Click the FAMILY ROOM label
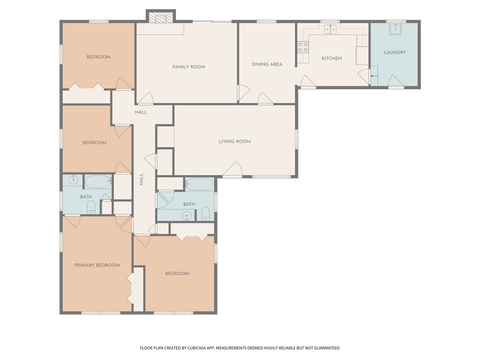click(188, 67)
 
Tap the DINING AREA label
click(267, 64)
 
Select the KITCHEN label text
click(331, 58)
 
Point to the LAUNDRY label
click(395, 52)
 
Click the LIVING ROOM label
click(234, 142)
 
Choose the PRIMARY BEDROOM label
click(97, 265)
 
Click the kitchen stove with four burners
click(303, 47)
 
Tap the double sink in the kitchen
click(330, 29)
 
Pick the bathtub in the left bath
click(98, 182)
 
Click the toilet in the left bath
click(91, 208)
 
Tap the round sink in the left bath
click(73, 180)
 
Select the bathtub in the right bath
click(199, 184)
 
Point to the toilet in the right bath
click(205, 214)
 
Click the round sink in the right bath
click(187, 216)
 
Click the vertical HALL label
click(142, 180)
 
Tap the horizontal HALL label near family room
click(141, 112)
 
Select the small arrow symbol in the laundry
click(373, 76)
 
